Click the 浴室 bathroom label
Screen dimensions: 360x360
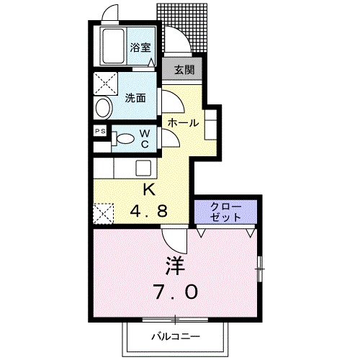tap(140, 48)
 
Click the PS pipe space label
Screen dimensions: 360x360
tap(100, 132)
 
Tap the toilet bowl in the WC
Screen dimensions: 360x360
tap(125, 140)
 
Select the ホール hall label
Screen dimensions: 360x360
tap(183, 123)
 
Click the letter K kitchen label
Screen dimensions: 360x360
tap(149, 190)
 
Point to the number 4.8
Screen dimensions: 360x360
tap(149, 212)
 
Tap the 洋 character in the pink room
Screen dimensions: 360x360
tap(176, 266)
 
